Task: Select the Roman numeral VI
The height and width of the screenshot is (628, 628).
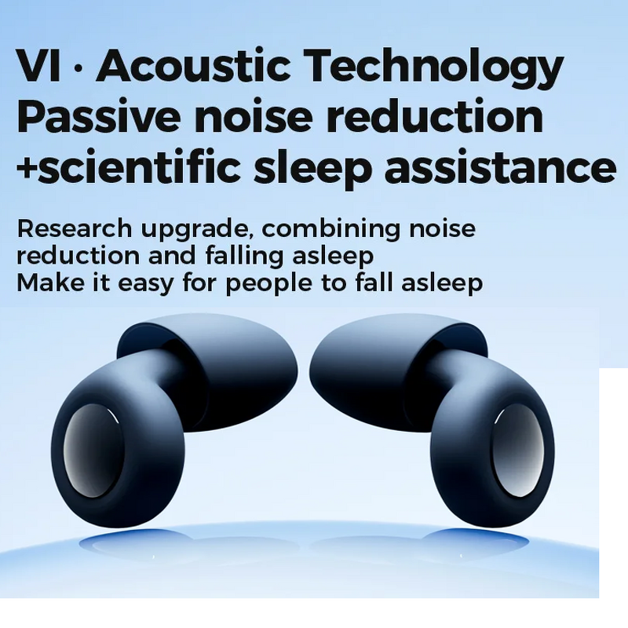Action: pyautogui.click(x=38, y=67)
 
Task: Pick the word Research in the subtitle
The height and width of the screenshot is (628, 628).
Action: pyautogui.click(x=75, y=229)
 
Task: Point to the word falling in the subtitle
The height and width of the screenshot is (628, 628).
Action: pyautogui.click(x=239, y=257)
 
